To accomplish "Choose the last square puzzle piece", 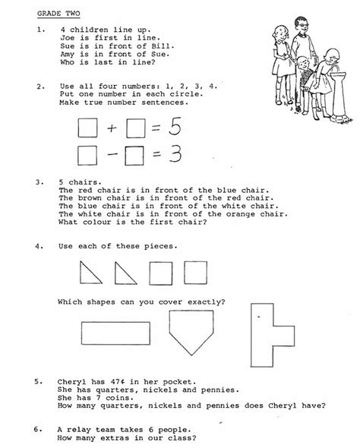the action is tap(197, 273).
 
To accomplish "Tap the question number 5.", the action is tap(38, 380).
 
